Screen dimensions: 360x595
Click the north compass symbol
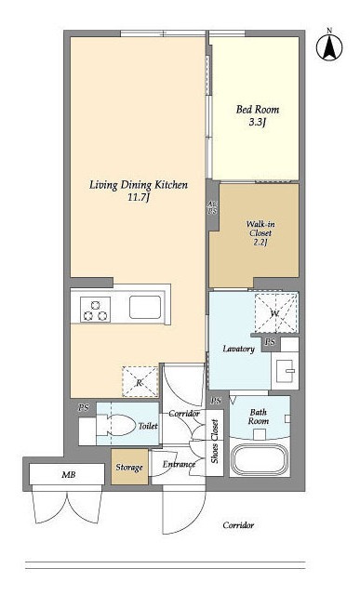(329, 46)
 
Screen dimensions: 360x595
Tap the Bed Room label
(258, 110)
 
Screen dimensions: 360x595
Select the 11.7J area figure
(138, 197)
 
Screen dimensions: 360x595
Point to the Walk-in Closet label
(260, 229)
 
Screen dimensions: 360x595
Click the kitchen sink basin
(145, 307)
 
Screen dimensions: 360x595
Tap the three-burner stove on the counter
(95, 310)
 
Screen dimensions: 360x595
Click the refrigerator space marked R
(140, 382)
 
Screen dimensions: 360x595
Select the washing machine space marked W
(275, 313)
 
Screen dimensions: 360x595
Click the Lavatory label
(238, 349)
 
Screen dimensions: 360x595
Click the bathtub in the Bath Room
(259, 460)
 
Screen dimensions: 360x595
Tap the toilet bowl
(113, 425)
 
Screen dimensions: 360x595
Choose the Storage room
(129, 467)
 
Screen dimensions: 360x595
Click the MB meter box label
(69, 474)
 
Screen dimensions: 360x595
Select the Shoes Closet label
(215, 441)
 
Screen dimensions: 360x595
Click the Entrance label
(179, 464)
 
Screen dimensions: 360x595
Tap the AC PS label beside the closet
(212, 208)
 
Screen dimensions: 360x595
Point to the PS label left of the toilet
(84, 407)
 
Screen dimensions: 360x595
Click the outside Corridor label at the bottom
(238, 525)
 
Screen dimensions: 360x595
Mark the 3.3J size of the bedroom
(258, 122)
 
